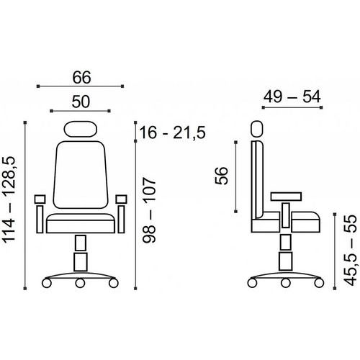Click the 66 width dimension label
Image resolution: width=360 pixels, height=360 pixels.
[81, 78]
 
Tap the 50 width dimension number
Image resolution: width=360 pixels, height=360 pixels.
[81, 102]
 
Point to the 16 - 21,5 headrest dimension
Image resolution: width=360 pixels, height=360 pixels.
[172, 132]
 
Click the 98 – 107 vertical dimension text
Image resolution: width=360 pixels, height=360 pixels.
[149, 210]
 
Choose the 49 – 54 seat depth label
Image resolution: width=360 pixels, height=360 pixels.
[292, 96]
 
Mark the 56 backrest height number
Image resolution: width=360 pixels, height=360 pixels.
[221, 176]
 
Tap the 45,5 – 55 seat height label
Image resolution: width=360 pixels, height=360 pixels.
[350, 251]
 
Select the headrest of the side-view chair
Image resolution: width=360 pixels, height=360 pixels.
[257, 130]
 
